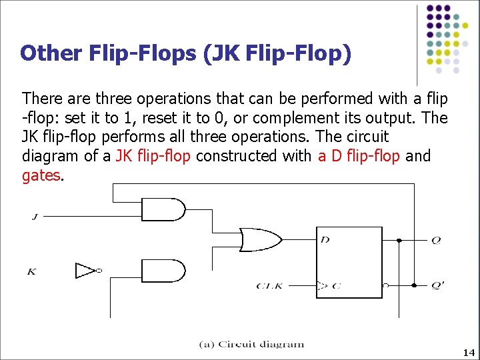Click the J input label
click(x=34, y=215)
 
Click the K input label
click(x=31, y=271)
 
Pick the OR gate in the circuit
click(x=259, y=239)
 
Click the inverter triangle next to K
click(x=86, y=271)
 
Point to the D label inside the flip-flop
click(x=325, y=239)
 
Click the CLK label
click(x=271, y=286)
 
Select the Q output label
click(x=436, y=240)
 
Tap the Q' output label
click(x=437, y=286)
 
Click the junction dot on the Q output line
click(x=399, y=239)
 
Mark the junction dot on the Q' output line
click(x=414, y=285)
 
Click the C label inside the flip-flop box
click(x=337, y=286)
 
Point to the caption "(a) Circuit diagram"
click(x=252, y=345)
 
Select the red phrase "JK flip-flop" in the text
click(x=153, y=157)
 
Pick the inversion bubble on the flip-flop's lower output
click(x=386, y=285)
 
